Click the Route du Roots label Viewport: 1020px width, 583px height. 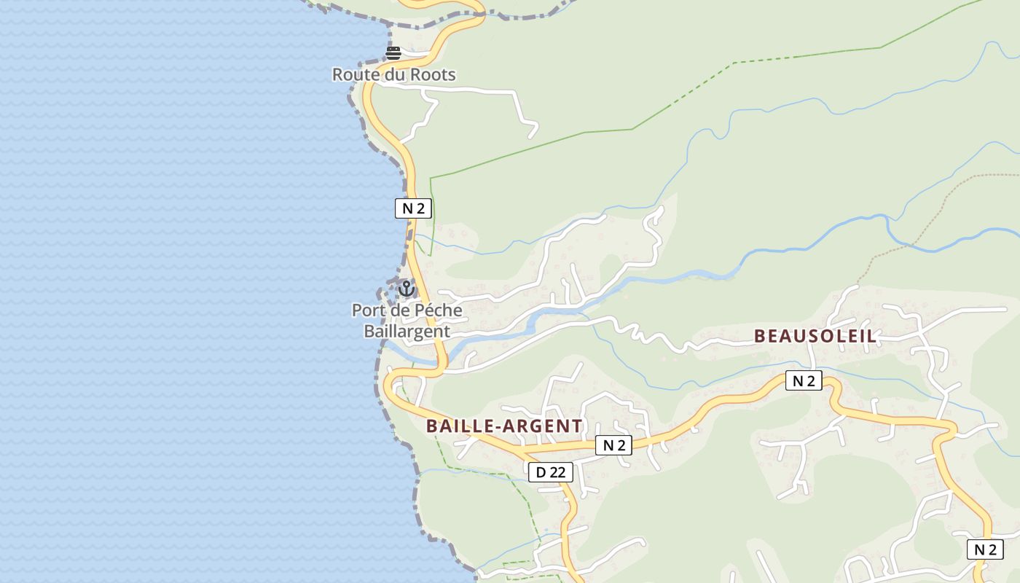click(394, 74)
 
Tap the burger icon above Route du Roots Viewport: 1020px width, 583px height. click(393, 52)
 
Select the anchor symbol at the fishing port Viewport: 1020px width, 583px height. click(407, 289)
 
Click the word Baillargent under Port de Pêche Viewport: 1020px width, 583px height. click(407, 331)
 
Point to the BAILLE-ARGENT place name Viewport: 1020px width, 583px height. click(504, 426)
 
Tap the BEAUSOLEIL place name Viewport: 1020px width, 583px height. click(815, 336)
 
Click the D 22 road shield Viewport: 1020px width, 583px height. click(551, 472)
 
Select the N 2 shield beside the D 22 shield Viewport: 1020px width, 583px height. click(613, 445)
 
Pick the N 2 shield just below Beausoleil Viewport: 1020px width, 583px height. click(804, 380)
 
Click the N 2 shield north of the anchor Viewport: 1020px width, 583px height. click(413, 208)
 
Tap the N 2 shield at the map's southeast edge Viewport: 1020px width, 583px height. click(985, 549)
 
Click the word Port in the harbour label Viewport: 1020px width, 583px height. click(368, 310)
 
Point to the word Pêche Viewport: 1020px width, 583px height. click(437, 310)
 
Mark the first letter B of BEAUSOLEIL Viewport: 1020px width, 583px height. click(760, 336)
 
